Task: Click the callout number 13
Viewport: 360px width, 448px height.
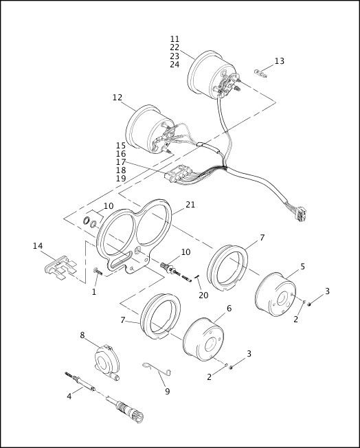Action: (279, 61)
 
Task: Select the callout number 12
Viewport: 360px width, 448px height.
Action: (117, 98)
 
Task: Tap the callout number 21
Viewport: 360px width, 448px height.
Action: (190, 205)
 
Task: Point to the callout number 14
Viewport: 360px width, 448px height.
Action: (38, 245)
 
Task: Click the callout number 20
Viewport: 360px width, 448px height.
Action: (203, 295)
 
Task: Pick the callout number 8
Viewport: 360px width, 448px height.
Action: (82, 335)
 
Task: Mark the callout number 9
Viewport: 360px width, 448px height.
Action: (167, 391)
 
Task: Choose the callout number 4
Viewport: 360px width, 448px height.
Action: (69, 396)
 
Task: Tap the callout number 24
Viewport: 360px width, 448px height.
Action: (175, 65)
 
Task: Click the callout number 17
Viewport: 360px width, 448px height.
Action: (121, 162)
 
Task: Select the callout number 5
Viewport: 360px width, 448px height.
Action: (302, 266)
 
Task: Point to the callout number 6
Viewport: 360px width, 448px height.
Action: (229, 309)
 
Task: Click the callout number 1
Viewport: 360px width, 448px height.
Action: (94, 292)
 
